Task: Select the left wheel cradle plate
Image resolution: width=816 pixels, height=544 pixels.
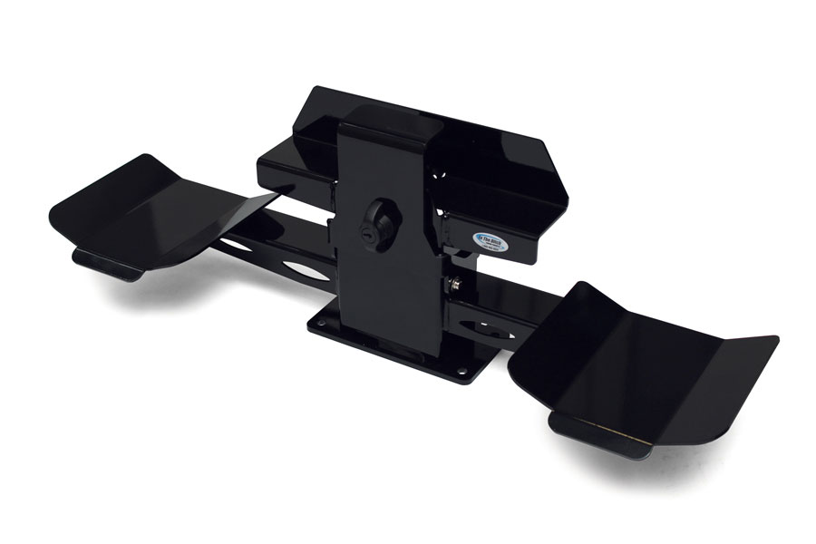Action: pyautogui.click(x=154, y=207)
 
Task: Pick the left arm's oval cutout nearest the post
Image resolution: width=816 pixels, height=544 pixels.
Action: pyautogui.click(x=306, y=272)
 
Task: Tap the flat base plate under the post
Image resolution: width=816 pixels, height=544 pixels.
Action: pyautogui.click(x=408, y=349)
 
